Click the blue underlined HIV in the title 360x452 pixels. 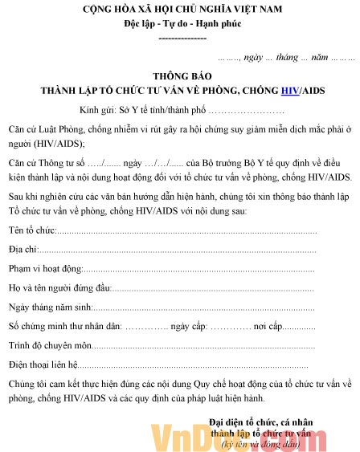(x=291, y=90)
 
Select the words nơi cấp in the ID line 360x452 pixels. (x=269, y=327)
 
